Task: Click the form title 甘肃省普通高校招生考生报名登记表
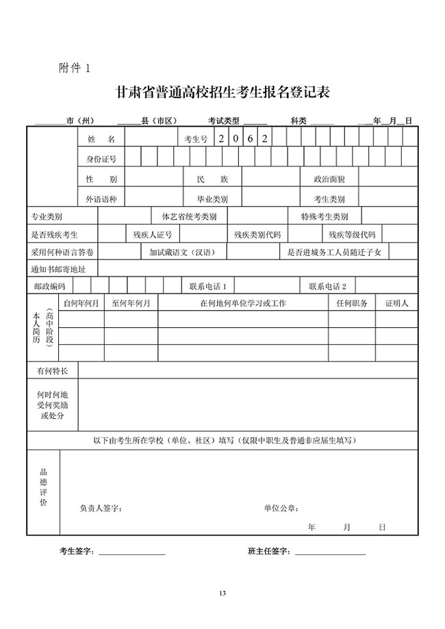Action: click(222, 92)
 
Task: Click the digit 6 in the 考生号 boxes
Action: click(249, 138)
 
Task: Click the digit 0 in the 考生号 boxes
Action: click(235, 138)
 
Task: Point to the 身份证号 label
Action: click(101, 159)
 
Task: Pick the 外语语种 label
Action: click(101, 199)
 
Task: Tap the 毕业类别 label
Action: click(212, 199)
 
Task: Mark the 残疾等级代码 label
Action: click(351, 235)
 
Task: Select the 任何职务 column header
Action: click(352, 303)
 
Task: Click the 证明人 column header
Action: click(396, 303)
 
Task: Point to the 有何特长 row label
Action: click(53, 370)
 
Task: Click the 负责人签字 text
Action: click(101, 508)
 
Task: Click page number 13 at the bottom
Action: click(222, 593)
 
